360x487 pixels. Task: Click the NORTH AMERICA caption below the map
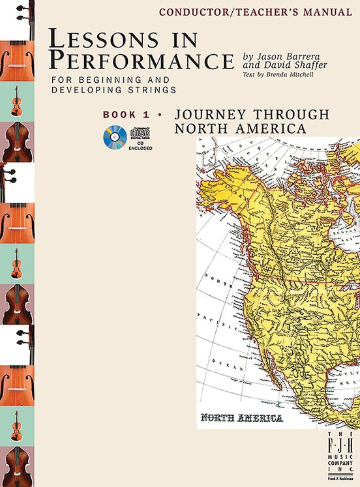point(242,417)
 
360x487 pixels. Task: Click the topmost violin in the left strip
point(16,100)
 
